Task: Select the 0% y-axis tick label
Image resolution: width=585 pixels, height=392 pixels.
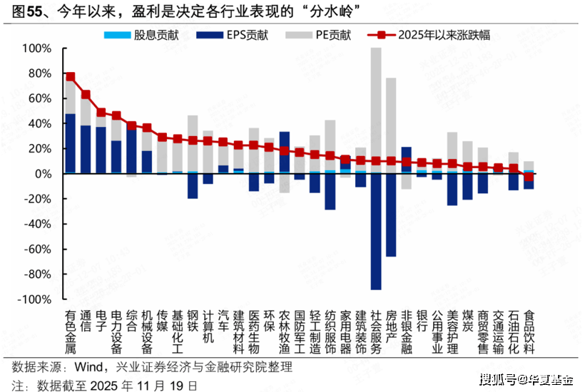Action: pyautogui.click(x=43, y=174)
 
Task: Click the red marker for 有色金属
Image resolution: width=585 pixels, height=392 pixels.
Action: pyautogui.click(x=70, y=76)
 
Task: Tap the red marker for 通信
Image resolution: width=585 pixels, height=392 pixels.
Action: pyautogui.click(x=86, y=94)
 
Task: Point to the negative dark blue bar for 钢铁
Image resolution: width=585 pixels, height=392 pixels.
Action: pyautogui.click(x=193, y=186)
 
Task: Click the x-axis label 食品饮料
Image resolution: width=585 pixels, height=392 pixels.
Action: pyautogui.click(x=529, y=332)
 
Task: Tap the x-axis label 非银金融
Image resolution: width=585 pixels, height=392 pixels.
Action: pyautogui.click(x=407, y=332)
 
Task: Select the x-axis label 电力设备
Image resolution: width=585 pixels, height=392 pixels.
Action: pyautogui.click(x=116, y=332)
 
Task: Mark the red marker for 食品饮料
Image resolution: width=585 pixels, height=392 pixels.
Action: pyautogui.click(x=529, y=176)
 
